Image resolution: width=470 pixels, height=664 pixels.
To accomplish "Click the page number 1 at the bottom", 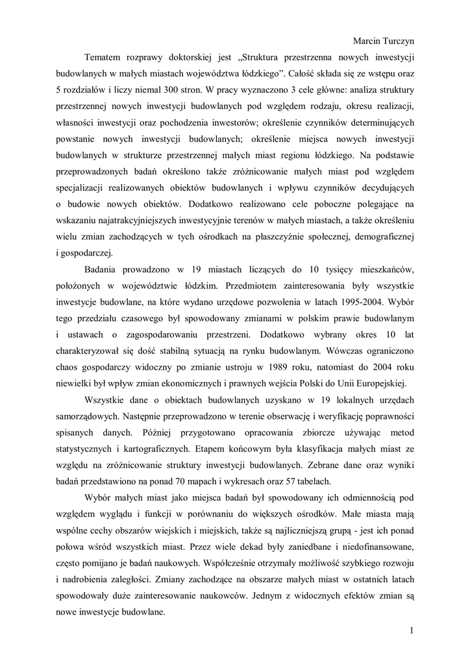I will coord(412,630).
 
